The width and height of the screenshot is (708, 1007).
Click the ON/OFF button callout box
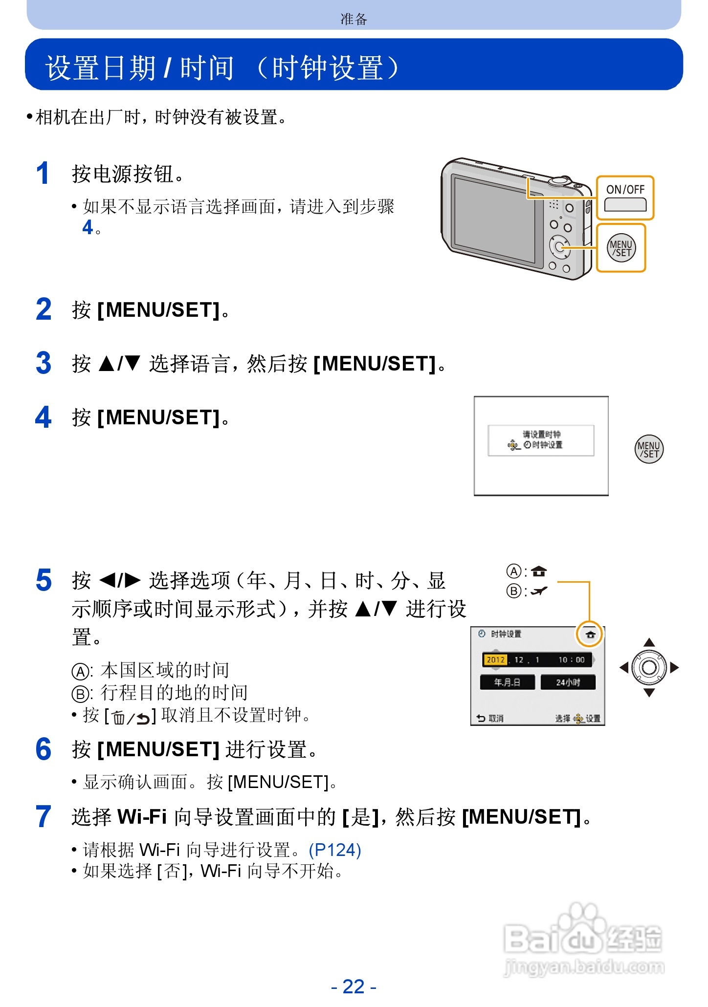coord(625,198)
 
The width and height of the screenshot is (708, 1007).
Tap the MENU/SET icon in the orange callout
coord(621,248)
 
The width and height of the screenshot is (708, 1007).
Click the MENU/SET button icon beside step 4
coord(649,449)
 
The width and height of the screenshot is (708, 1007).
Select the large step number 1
coord(43,174)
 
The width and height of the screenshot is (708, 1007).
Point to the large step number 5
coord(44,581)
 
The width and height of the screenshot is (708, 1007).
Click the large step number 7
coord(44,817)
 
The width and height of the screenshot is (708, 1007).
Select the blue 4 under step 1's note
coord(88,227)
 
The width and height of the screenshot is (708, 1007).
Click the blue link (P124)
coord(335,850)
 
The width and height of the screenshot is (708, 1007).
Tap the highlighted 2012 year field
coord(495,660)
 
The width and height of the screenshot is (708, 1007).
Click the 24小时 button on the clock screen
coord(568,682)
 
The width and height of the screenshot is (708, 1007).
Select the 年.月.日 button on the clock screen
coord(507,682)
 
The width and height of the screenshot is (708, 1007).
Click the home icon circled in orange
coord(590,635)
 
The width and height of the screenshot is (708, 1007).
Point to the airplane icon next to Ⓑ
coord(539,591)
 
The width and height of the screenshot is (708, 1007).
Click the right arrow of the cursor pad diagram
coord(675,668)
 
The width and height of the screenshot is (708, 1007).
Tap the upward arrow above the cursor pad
coord(649,642)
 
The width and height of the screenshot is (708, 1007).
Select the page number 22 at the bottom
coord(354,986)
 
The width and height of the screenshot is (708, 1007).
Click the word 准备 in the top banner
coord(354,19)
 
